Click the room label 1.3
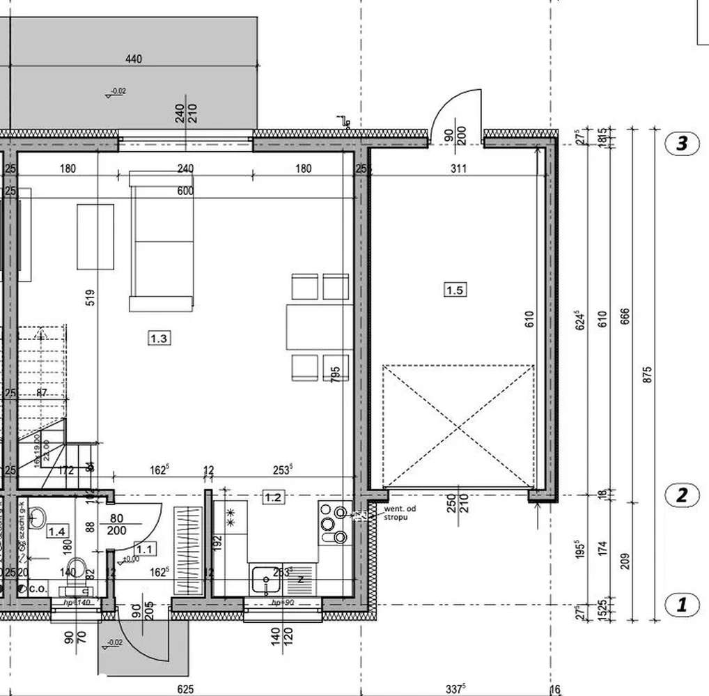pyautogui.click(x=159, y=339)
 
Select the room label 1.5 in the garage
pyautogui.click(x=454, y=289)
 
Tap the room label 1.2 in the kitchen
pyautogui.click(x=272, y=497)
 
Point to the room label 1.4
pyautogui.click(x=56, y=532)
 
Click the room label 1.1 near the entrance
pyautogui.click(x=145, y=548)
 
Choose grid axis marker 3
pyautogui.click(x=682, y=144)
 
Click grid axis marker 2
pyautogui.click(x=682, y=495)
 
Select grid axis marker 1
pyautogui.click(x=682, y=604)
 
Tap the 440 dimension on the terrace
pyautogui.click(x=133, y=59)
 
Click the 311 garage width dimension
pyautogui.click(x=458, y=168)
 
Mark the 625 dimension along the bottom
pyautogui.click(x=184, y=689)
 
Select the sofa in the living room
pyautogui.click(x=161, y=240)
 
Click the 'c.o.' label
pyautogui.click(x=38, y=588)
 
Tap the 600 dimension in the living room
pyautogui.click(x=185, y=191)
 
